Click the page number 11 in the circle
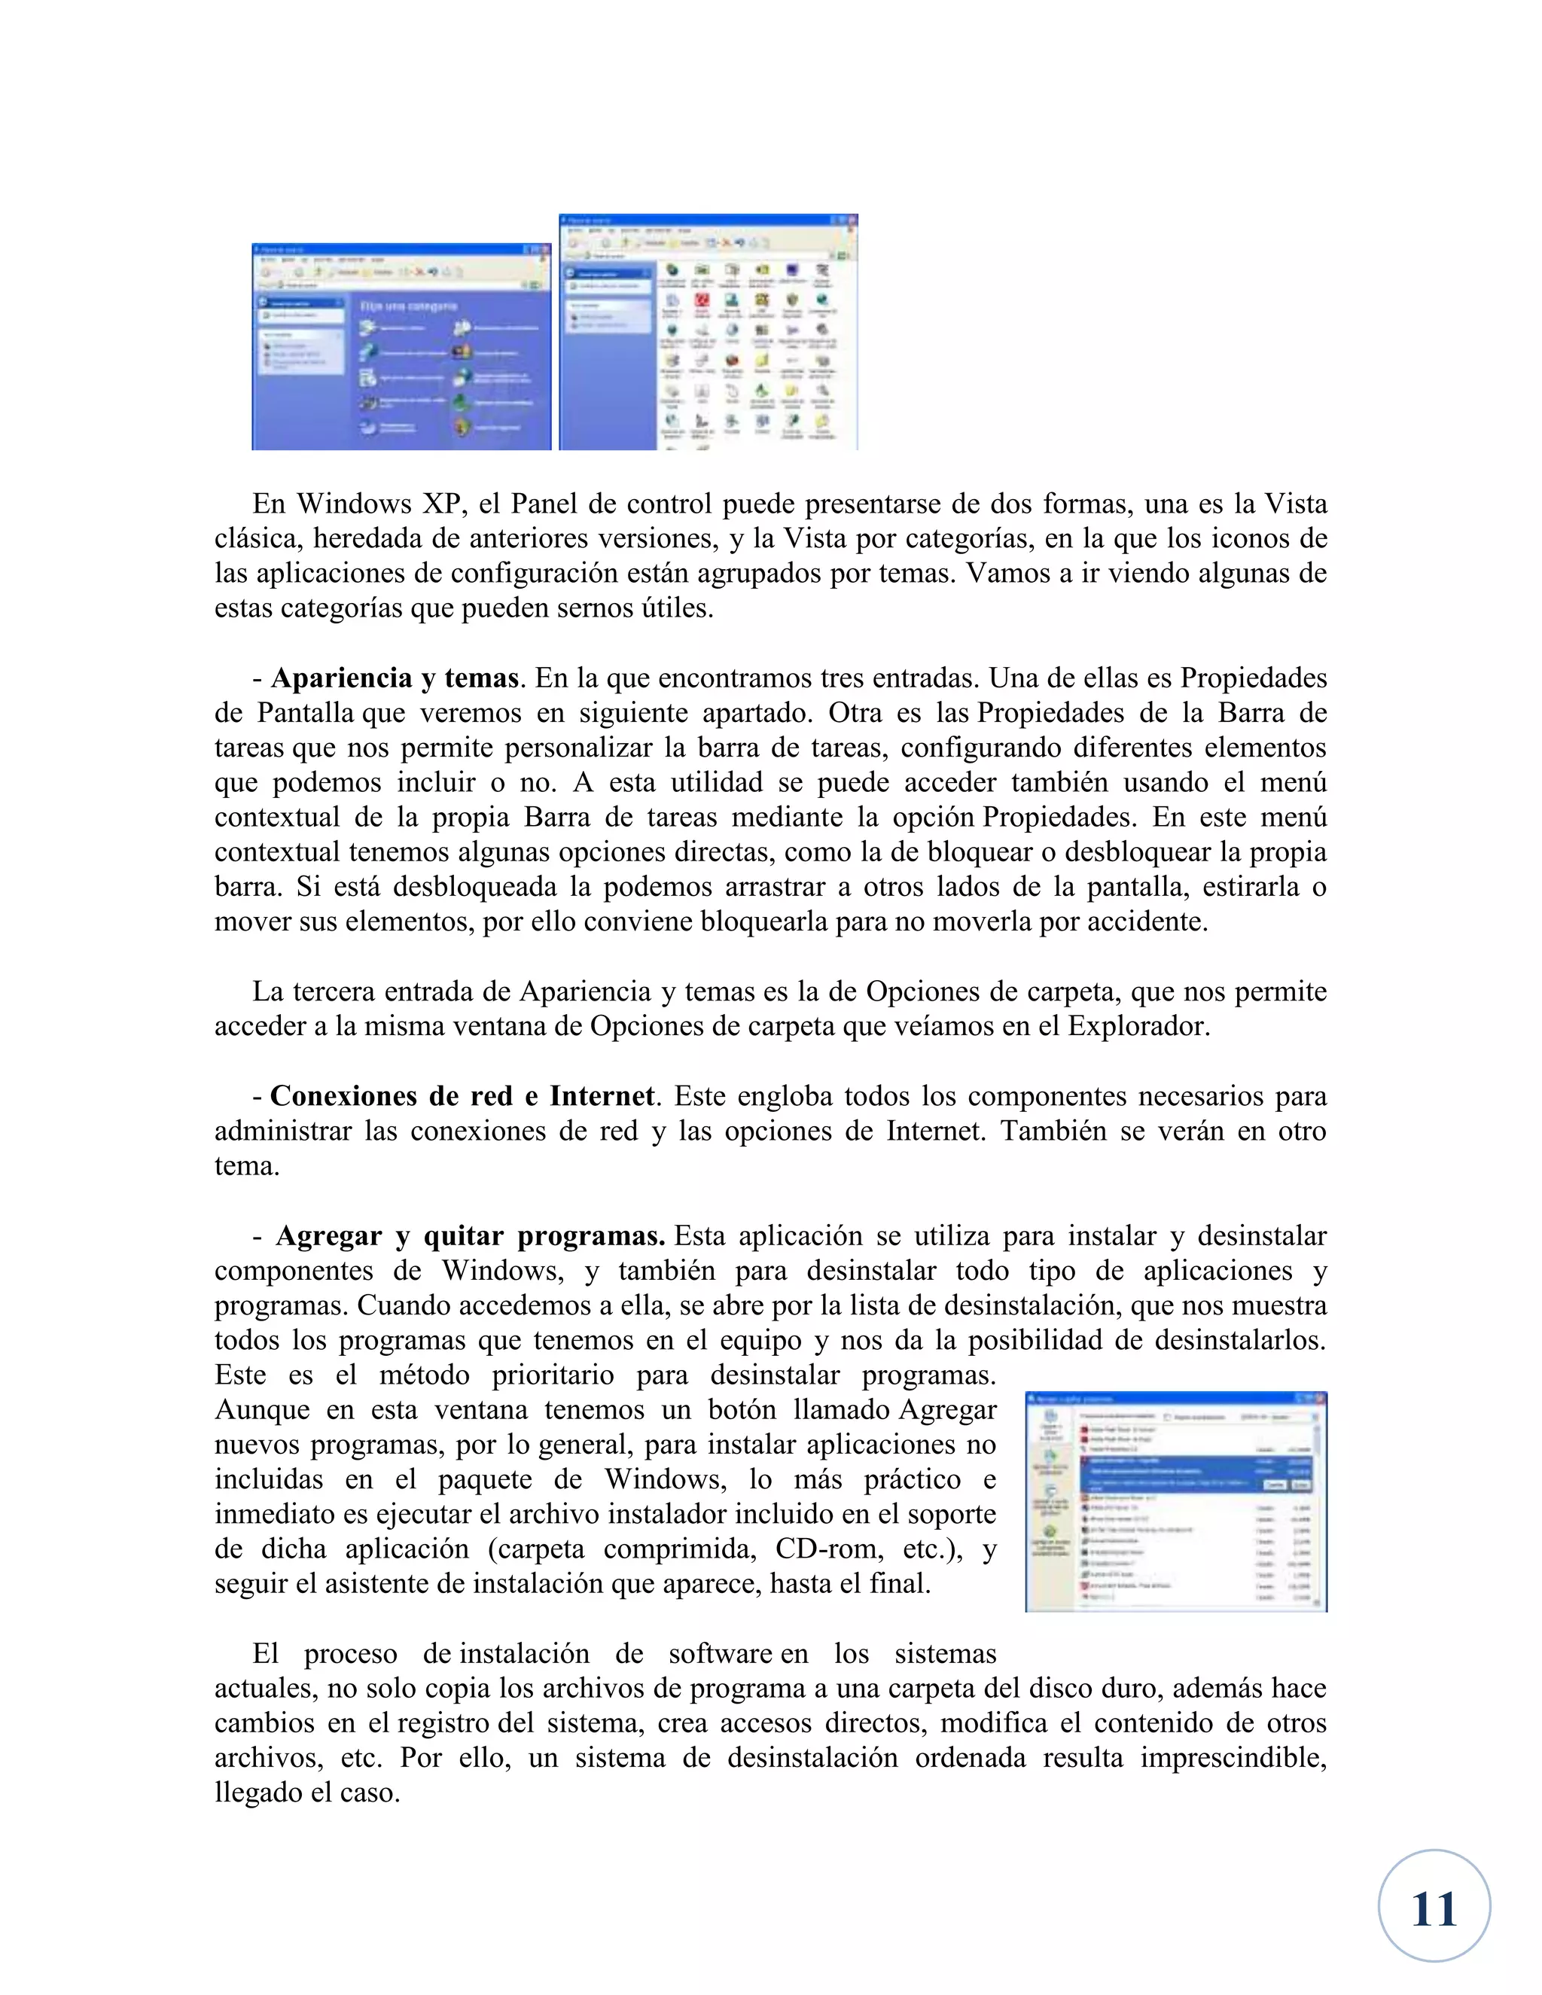pos(1434,1909)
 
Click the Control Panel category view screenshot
pos(401,346)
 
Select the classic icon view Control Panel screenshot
pos(708,333)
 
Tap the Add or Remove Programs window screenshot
pos(1175,1503)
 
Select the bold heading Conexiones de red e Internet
pos(462,1096)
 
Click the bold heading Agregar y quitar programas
pos(470,1236)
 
